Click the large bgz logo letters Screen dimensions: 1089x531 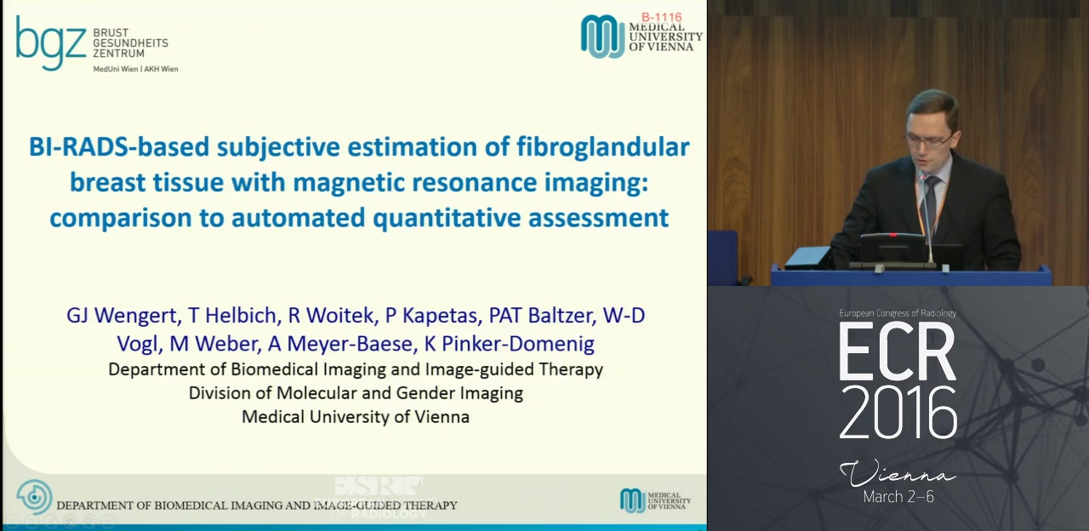point(50,43)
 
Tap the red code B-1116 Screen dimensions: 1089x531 point(662,18)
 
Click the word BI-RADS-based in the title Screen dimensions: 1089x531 point(119,147)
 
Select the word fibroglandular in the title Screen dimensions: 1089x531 point(603,148)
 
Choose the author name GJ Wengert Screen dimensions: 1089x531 point(124,316)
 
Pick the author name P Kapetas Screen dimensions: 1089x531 point(434,316)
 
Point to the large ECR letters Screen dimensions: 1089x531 point(897,352)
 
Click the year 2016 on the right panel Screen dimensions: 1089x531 point(898,414)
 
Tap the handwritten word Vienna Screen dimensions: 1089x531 point(898,473)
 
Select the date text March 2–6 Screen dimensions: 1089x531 point(898,496)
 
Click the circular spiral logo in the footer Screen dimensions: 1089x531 point(34,497)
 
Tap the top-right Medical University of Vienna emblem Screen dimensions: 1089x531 point(602,36)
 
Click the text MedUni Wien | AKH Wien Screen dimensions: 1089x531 point(135,69)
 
